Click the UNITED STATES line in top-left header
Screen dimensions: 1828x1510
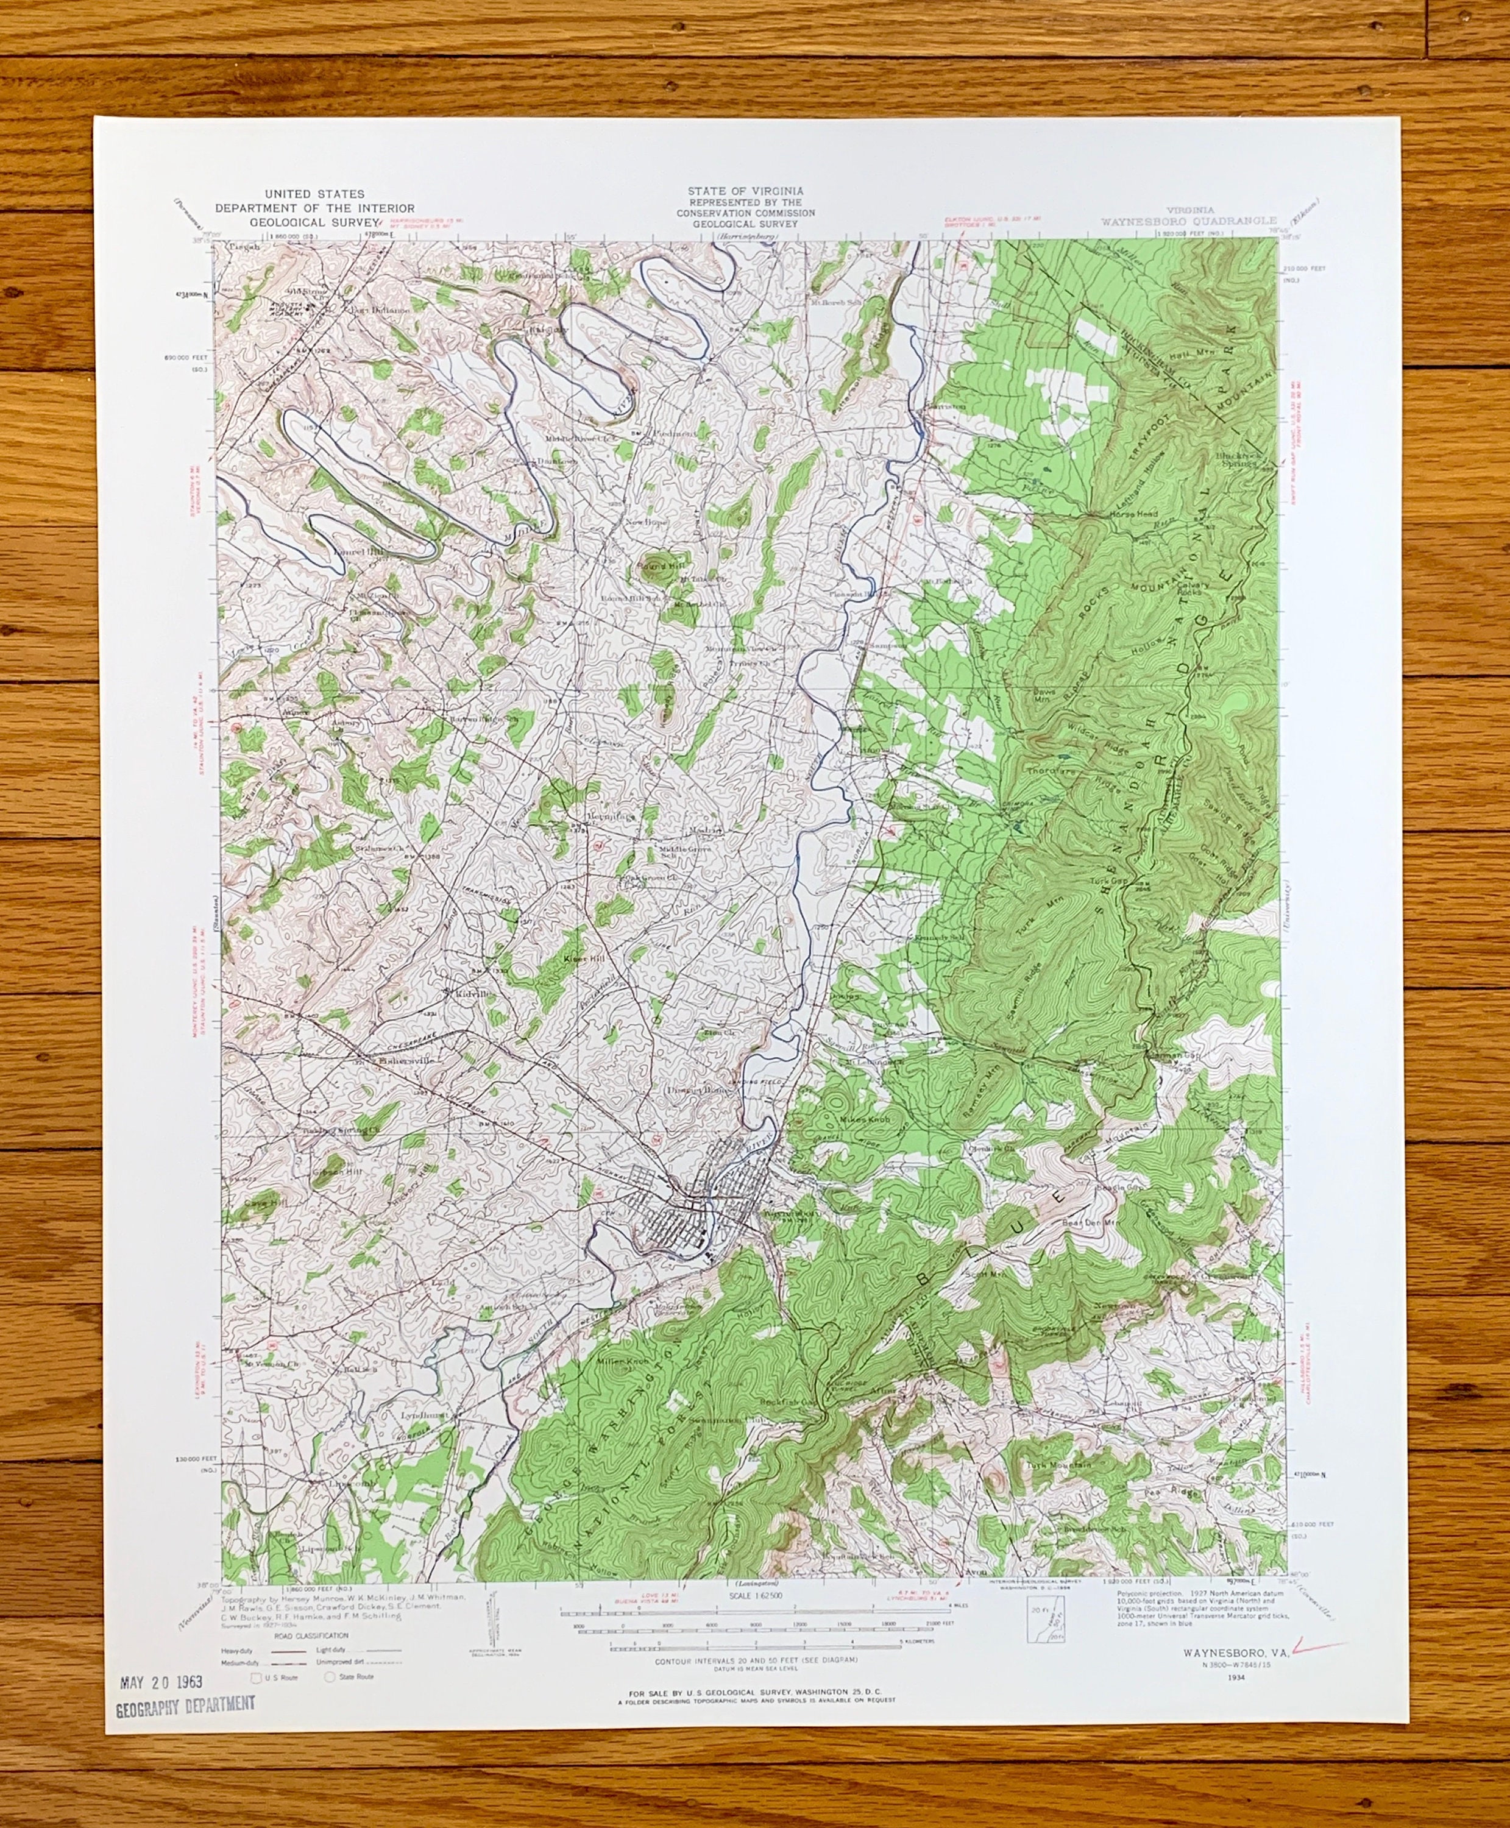coord(315,194)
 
